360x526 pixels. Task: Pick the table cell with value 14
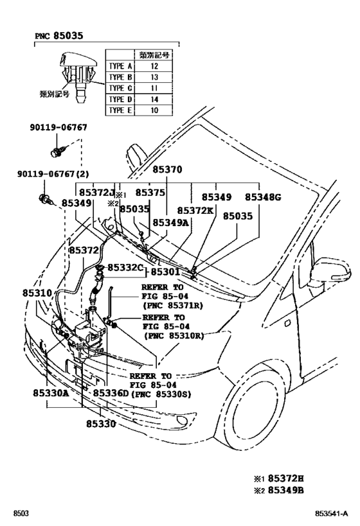[153, 99]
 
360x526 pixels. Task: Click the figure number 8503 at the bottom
[21, 514]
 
